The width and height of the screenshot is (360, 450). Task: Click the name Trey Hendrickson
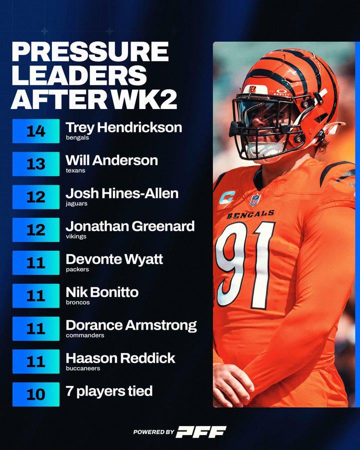[x=123, y=127]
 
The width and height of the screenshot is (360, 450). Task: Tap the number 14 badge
[x=35, y=131]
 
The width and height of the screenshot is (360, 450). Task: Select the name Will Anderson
[x=111, y=160]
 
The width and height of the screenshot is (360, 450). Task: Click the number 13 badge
[x=35, y=163]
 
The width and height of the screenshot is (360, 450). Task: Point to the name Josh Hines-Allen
[x=122, y=193]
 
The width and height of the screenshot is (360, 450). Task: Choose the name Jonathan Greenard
[x=130, y=226]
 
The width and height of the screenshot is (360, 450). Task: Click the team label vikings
[x=75, y=236]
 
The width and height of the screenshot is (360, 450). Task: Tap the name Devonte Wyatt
[x=114, y=259]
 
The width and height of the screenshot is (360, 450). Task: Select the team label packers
[x=77, y=269]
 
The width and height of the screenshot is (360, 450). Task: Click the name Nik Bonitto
[x=102, y=292]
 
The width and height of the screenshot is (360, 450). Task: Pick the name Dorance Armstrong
[x=131, y=325]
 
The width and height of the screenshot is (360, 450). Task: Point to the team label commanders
[x=84, y=335]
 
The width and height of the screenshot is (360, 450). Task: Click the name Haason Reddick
[x=120, y=357]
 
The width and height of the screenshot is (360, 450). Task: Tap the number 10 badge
[x=35, y=394]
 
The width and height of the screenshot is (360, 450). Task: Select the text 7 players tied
[x=109, y=390]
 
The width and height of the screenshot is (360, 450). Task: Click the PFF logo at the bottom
[x=200, y=432]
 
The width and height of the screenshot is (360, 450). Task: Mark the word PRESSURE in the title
[x=90, y=51]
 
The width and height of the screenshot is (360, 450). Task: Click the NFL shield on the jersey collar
[x=255, y=200]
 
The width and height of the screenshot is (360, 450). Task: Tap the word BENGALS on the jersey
[x=250, y=214]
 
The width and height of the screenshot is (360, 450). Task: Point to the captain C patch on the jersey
[x=226, y=197]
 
